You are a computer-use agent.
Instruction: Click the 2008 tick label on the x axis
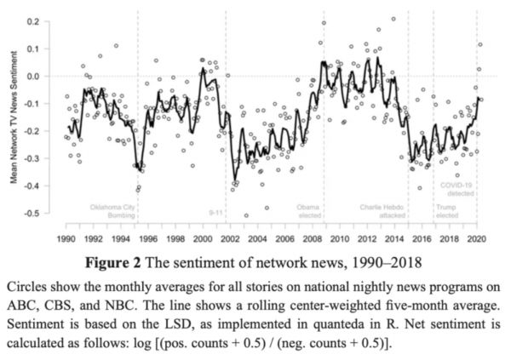coord(313,238)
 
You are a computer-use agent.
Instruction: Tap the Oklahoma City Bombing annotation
coord(112,211)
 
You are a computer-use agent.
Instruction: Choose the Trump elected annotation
coord(445,211)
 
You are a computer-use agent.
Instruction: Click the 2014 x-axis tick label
coord(396,238)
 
